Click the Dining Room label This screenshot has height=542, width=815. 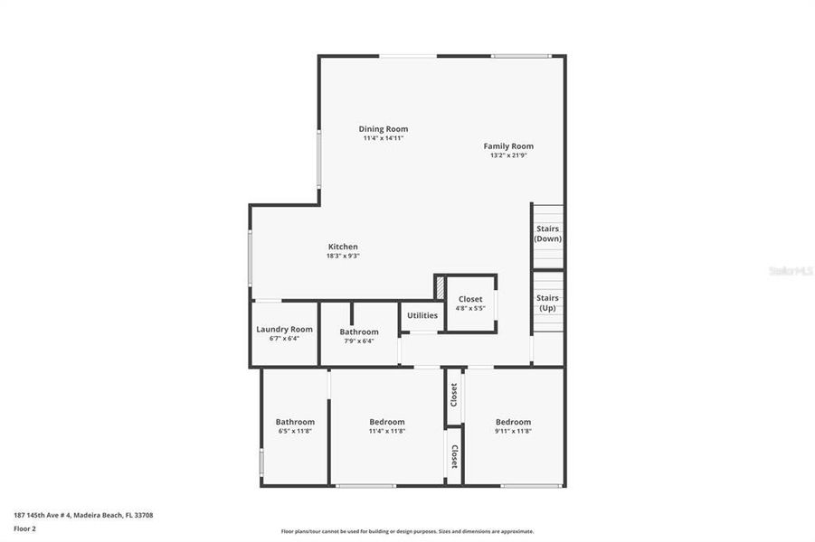pos(384,129)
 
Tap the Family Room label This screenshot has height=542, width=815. pos(508,145)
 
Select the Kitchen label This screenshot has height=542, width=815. pos(343,247)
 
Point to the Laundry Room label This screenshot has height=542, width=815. pos(284,330)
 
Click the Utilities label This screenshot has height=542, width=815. pos(422,315)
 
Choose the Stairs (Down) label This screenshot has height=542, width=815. pos(548,234)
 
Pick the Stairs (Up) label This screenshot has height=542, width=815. pos(548,303)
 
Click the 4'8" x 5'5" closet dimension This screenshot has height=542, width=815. pos(470,308)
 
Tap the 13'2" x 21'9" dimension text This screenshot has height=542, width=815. pos(508,155)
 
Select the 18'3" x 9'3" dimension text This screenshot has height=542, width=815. pos(343,257)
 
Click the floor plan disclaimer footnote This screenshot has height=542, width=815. pos(407,532)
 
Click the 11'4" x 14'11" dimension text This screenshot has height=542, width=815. pos(384,138)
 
